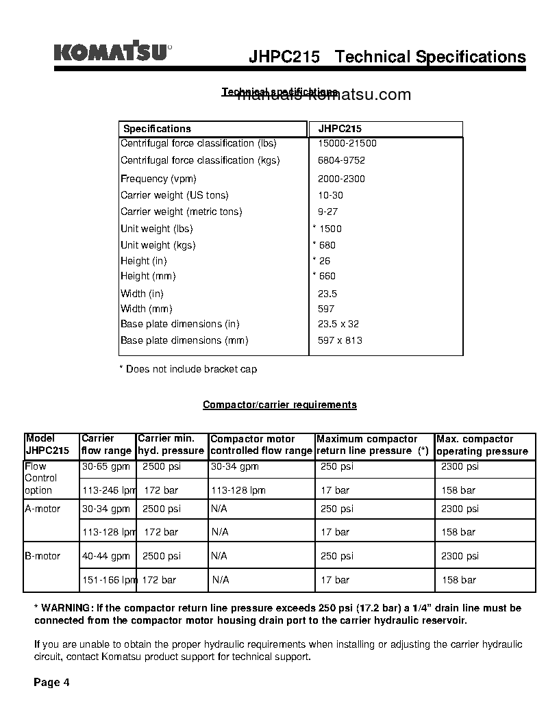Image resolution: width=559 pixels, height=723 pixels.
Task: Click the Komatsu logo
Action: [112, 52]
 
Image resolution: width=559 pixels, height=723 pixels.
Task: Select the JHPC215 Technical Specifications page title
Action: [387, 57]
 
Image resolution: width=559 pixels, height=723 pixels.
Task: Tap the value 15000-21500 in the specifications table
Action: [347, 143]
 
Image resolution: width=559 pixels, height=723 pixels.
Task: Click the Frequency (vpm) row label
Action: [158, 179]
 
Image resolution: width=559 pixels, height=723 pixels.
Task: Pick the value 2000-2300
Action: [341, 179]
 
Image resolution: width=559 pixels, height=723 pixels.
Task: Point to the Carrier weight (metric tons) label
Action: [181, 212]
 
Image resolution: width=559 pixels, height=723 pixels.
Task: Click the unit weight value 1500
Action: [330, 229]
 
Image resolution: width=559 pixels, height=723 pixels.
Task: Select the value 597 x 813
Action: [340, 340]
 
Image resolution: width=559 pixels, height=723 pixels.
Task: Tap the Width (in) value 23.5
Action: [327, 294]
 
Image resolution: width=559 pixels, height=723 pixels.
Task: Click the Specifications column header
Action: [157, 129]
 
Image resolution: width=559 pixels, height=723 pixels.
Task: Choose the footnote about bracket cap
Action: [188, 369]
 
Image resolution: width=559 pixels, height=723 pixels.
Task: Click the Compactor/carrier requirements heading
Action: [279, 405]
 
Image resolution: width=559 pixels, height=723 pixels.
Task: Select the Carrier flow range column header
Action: [106, 444]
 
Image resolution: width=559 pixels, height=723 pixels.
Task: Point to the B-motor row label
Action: [42, 556]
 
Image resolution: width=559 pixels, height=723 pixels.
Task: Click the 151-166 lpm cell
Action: [109, 580]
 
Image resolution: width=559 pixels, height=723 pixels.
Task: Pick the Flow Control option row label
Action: [40, 478]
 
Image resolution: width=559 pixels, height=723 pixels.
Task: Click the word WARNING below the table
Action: [66, 608]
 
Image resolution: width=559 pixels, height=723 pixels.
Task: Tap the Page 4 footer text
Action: [52, 683]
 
